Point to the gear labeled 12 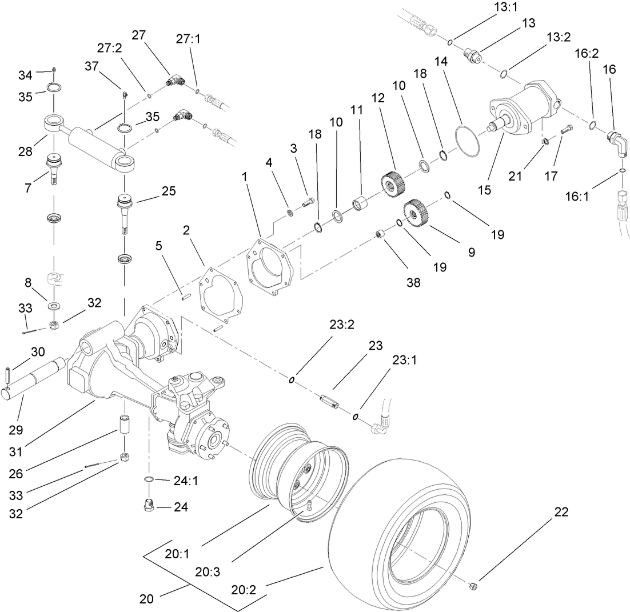392,183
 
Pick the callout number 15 484,191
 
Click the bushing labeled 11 361,203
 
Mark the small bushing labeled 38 379,235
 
